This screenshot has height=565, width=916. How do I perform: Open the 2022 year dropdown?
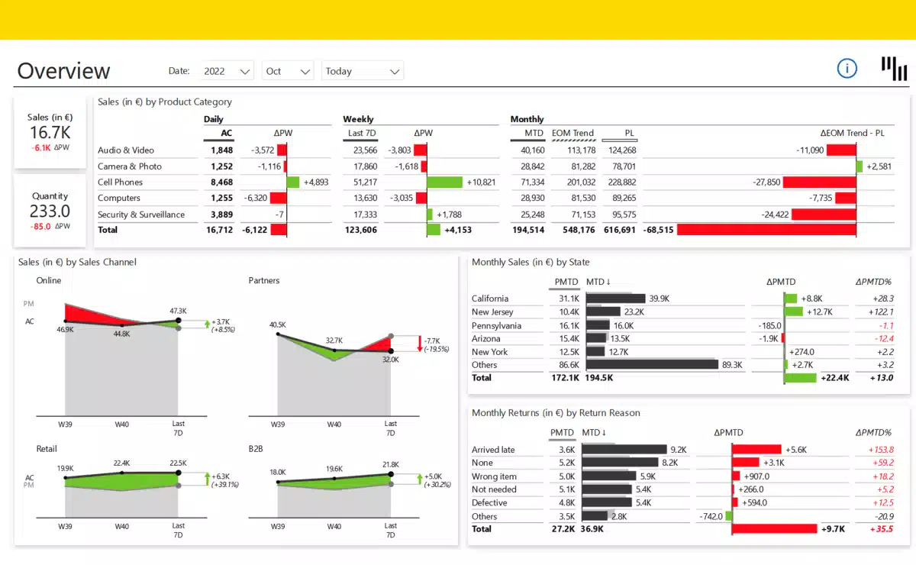tap(227, 71)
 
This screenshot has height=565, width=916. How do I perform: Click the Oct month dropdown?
tap(287, 71)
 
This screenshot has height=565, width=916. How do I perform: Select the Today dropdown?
tap(362, 71)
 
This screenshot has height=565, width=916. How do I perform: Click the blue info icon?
tap(847, 69)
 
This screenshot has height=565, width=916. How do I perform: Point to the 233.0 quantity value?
tap(50, 211)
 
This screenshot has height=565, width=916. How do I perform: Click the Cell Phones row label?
tap(120, 182)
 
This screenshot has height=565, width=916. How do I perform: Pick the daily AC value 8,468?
tap(221, 182)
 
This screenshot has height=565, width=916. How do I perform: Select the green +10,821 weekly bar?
tap(444, 182)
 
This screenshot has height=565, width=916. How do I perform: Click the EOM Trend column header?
tap(572, 133)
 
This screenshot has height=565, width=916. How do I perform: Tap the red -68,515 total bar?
tap(766, 230)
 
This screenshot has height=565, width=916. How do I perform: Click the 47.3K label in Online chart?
tap(178, 311)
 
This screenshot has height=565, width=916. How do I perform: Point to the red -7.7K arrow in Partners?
tap(420, 343)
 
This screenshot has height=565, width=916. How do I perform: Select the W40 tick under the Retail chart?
tap(122, 526)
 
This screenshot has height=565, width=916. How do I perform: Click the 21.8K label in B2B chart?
tap(390, 464)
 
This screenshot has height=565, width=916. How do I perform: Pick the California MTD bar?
tap(615, 299)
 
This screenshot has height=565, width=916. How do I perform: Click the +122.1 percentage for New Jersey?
tap(883, 312)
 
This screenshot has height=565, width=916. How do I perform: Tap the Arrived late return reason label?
tap(493, 450)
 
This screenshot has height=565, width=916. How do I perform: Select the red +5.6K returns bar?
tap(756, 450)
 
